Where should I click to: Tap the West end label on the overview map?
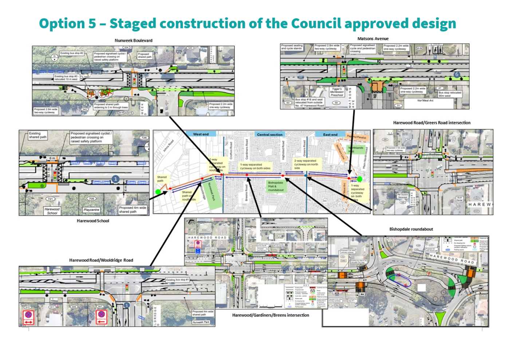(x=201, y=134)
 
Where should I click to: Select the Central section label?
(x=269, y=134)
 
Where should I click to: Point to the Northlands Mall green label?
(x=356, y=150)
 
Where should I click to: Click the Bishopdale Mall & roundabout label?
(x=276, y=186)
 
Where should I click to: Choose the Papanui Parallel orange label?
(x=356, y=137)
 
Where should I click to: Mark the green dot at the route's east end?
(x=360, y=179)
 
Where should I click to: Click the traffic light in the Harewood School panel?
(x=55, y=175)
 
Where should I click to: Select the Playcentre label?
(x=91, y=210)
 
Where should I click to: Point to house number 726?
(x=144, y=138)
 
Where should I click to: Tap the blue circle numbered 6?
(x=457, y=74)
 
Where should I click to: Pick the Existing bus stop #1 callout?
(x=177, y=280)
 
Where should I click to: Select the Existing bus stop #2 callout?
(x=72, y=53)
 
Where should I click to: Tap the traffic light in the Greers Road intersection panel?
(x=433, y=174)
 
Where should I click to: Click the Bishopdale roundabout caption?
(x=411, y=229)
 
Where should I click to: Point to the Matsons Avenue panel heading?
(x=373, y=39)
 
